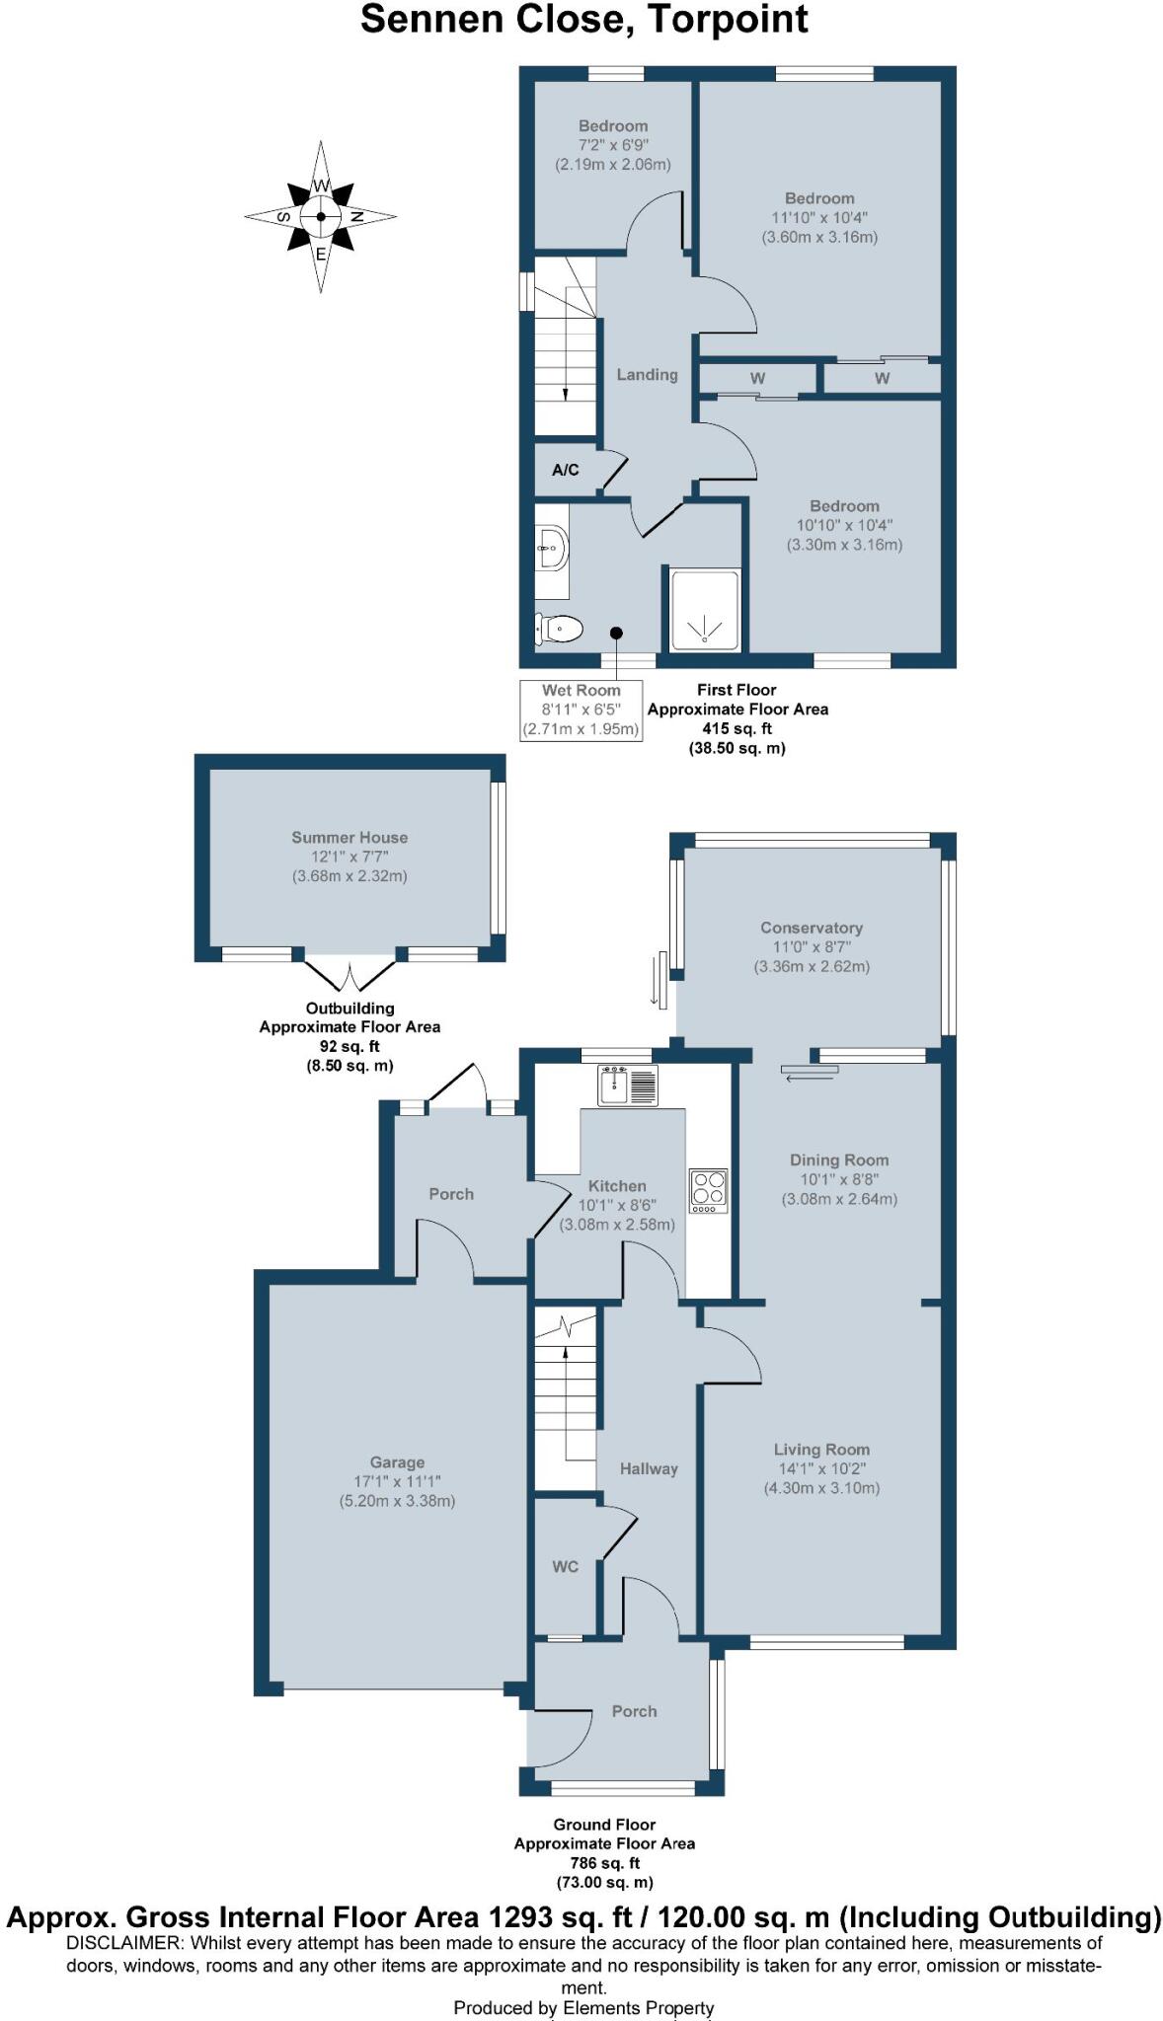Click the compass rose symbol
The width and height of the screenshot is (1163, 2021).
click(321, 217)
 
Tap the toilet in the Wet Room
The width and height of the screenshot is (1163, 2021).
click(560, 628)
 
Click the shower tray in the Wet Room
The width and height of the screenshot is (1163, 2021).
click(705, 610)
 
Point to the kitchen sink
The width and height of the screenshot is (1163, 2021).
click(628, 1085)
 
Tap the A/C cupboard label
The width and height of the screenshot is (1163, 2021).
click(566, 470)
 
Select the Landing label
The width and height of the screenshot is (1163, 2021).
click(648, 375)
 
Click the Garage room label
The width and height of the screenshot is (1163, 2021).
click(398, 1462)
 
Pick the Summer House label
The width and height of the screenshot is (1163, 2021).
click(349, 838)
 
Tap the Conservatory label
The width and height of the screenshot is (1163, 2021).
click(812, 928)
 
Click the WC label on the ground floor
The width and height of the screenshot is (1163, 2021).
click(566, 1567)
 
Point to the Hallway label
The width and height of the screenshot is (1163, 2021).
click(649, 1469)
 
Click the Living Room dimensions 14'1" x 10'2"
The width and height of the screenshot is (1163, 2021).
click(821, 1469)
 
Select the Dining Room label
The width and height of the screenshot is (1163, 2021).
click(839, 1160)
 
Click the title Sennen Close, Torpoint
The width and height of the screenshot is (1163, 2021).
click(584, 20)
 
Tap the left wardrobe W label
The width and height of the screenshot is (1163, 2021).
click(757, 379)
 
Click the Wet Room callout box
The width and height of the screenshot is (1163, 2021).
click(581, 710)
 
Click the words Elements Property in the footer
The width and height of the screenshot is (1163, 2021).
click(639, 2007)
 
